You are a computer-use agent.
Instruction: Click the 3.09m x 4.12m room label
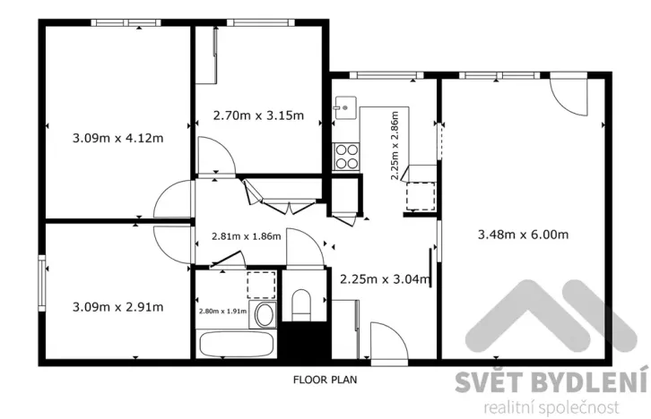[x=117, y=139]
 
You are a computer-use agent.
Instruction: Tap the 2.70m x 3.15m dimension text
[x=257, y=115]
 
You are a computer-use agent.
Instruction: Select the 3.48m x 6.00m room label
[x=525, y=235]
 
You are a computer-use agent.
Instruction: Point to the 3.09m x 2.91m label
[x=117, y=307]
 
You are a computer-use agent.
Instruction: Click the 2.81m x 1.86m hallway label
[x=246, y=236]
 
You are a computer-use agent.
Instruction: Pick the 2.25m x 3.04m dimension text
[x=385, y=278]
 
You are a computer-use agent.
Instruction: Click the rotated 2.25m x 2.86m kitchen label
[x=395, y=147]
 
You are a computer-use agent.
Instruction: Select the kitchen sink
[x=342, y=108]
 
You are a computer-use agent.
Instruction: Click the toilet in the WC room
[x=301, y=304]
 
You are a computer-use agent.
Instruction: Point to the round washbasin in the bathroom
[x=264, y=314]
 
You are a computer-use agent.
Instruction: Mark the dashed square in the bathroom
[x=261, y=284]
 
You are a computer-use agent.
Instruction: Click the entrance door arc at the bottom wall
[x=386, y=342]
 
